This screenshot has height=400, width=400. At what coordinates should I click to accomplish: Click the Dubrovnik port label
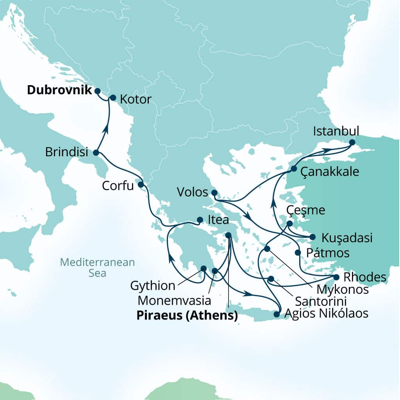pos(59,90)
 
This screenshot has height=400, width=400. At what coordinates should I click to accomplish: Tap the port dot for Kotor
pos(113,98)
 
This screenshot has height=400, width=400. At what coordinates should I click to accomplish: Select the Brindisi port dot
pos(96,153)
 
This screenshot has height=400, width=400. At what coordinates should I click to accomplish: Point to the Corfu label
pos(118,186)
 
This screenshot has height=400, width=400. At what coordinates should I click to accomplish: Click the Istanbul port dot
pos(352,143)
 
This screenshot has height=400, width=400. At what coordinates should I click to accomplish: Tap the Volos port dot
pos(214,193)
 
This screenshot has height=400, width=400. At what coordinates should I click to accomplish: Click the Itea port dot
pos(200,220)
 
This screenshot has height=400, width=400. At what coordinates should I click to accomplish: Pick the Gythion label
pos(153,286)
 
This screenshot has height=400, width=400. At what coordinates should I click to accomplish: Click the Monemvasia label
pos(175,301)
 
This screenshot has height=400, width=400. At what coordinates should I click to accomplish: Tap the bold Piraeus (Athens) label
pos(187,316)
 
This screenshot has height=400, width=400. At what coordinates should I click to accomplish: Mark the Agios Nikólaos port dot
pos(277,314)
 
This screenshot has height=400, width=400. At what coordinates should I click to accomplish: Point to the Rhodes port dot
pos(336,277)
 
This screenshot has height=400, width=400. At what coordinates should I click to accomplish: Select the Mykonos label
pos(343,289)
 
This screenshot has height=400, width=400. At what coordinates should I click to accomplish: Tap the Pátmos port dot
pos(298,252)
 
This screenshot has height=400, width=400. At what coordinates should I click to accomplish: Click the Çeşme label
pos(305,210)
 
